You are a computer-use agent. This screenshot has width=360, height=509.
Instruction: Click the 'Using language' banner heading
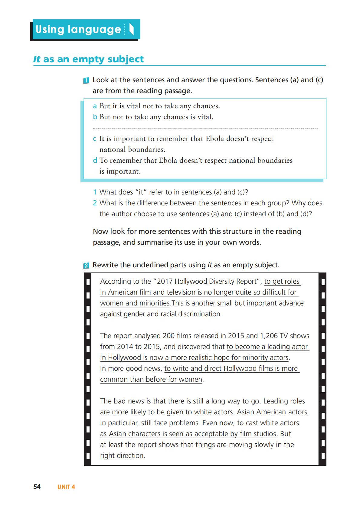pos(78,29)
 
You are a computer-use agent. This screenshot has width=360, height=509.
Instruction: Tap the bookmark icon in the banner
pos(131,29)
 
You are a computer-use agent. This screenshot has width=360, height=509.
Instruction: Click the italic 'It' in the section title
pos(37,59)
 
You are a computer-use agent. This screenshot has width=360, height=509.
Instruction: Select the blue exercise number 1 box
pos(86,80)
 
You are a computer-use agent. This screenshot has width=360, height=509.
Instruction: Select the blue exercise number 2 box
pos(86,266)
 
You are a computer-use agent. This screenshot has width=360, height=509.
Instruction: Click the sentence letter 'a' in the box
pos(95,106)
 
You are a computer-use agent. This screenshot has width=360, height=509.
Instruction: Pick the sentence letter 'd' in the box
pos(95,161)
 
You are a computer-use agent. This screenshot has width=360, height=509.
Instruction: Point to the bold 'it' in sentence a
pos(115,106)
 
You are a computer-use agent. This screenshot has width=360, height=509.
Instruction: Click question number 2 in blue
pos(95,203)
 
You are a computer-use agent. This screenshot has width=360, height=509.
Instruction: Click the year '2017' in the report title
pos(165,281)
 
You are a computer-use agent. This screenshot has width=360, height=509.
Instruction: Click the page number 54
pos(37,487)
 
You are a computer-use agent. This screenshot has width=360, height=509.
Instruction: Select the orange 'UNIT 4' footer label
pos(66,487)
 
